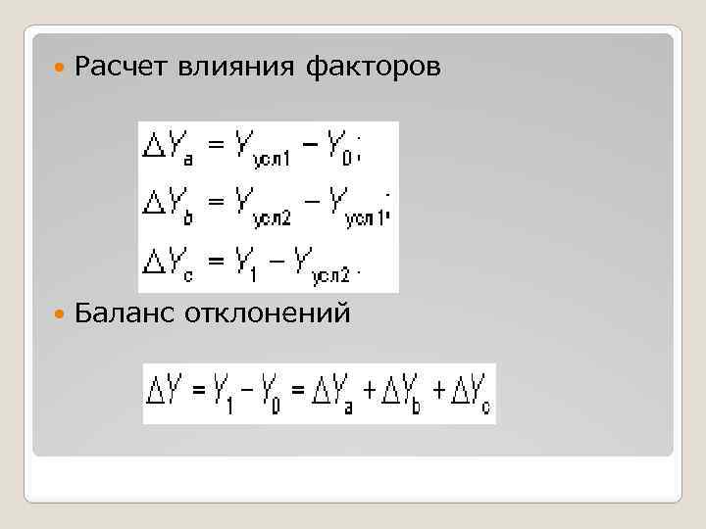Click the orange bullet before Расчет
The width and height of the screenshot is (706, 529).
pyautogui.click(x=62, y=69)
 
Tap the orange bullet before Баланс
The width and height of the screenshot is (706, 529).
pyautogui.click(x=62, y=315)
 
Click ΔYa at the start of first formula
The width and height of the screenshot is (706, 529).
pyautogui.click(x=169, y=146)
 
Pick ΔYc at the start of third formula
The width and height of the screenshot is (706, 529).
pyautogui.click(x=169, y=262)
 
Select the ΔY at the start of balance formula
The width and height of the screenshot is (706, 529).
pyautogui.click(x=164, y=392)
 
